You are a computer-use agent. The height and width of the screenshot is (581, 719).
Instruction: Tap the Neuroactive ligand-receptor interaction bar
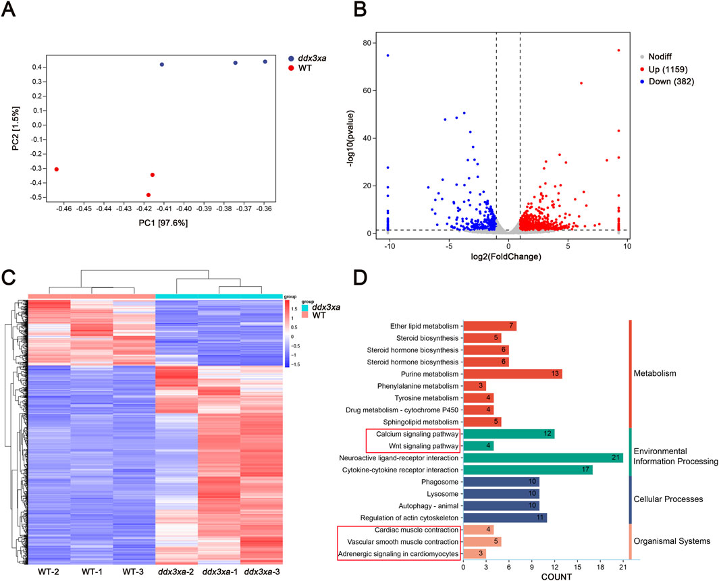pyautogui.click(x=543, y=458)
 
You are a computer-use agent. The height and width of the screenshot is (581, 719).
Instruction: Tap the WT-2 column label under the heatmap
pyautogui.click(x=49, y=572)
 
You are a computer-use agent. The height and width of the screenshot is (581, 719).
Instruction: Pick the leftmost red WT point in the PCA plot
pyautogui.click(x=57, y=169)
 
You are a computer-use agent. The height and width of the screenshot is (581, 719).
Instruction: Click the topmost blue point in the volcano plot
pyautogui.click(x=388, y=55)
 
